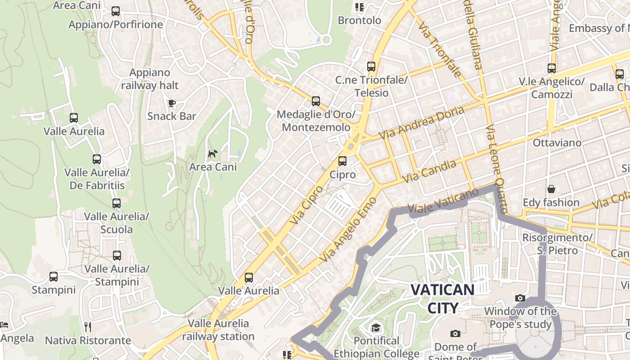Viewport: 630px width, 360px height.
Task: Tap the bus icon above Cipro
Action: (x=342, y=161)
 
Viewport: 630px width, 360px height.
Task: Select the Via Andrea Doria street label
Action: (x=421, y=123)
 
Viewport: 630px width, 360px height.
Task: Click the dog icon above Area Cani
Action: (x=212, y=154)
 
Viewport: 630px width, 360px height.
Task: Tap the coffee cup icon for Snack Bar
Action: (x=171, y=103)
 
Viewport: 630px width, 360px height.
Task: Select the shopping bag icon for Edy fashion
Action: (x=551, y=189)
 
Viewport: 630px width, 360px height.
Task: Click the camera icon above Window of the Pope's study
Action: (x=520, y=298)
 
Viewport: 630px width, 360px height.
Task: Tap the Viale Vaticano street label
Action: (x=443, y=201)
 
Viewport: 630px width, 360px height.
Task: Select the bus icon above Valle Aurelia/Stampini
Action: (x=117, y=256)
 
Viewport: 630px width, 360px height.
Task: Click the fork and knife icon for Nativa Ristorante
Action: (x=88, y=327)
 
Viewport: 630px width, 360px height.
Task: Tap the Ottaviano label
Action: (x=557, y=143)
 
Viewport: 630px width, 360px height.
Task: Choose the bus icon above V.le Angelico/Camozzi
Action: (x=552, y=68)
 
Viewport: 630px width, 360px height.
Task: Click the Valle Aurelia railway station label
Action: (x=218, y=330)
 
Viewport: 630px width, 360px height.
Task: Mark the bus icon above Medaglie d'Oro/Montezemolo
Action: (x=316, y=101)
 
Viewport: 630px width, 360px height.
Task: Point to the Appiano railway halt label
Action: (x=150, y=79)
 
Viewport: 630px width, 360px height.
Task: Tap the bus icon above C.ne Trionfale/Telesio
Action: (x=371, y=67)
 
